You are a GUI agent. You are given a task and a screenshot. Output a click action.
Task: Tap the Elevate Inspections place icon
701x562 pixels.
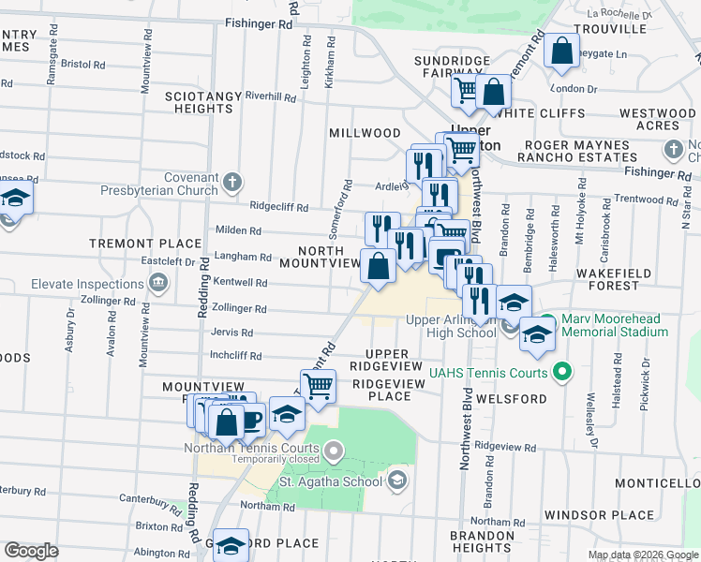pyautogui.click(x=157, y=282)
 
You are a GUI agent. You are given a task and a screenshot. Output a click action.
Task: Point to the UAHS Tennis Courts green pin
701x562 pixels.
pyautogui.click(x=562, y=373)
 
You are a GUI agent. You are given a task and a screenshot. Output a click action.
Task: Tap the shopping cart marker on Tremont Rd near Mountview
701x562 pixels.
pyautogui.click(x=319, y=385)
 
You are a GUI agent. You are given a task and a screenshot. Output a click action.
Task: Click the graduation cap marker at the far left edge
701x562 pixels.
pyautogui.click(x=15, y=199)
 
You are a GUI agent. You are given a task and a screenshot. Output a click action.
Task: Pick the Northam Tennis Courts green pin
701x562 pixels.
pyautogui.click(x=335, y=453)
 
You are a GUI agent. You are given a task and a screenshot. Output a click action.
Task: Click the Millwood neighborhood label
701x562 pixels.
pyautogui.click(x=365, y=133)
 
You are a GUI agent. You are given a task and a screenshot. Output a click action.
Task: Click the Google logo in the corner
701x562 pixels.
pyautogui.click(x=31, y=551)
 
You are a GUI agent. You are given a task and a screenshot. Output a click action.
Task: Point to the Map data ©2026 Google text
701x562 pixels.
pyautogui.click(x=643, y=555)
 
